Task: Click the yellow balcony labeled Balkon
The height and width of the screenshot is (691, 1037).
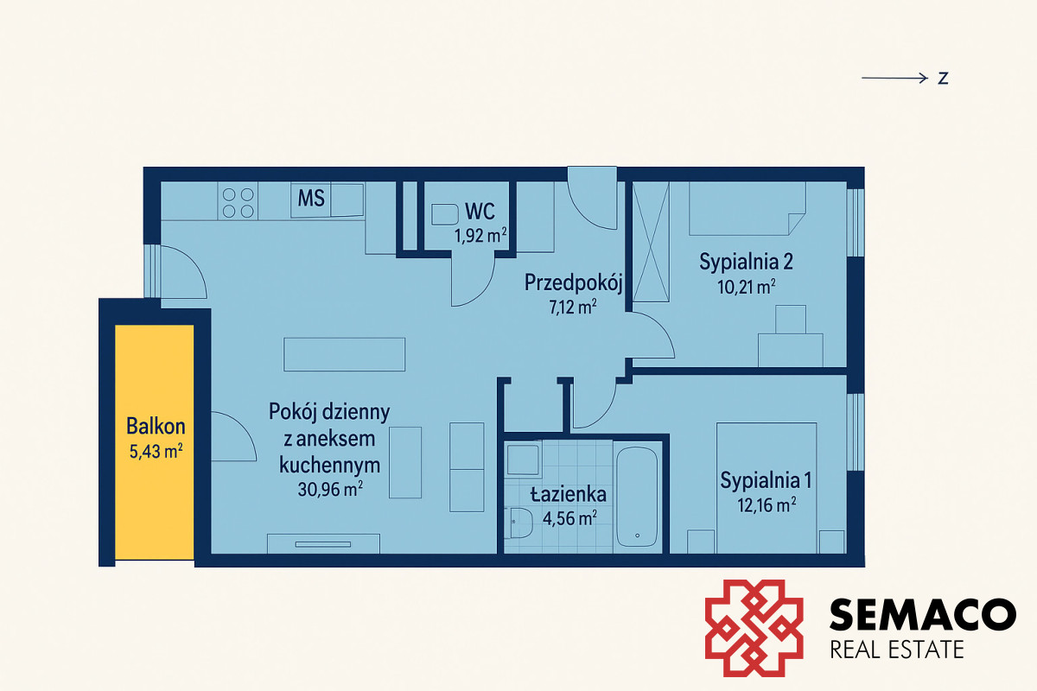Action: (154, 442)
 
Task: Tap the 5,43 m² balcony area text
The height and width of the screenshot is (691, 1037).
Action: (156, 451)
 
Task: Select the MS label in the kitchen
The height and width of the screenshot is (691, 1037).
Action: (311, 198)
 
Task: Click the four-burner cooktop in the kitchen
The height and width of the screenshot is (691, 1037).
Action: (238, 203)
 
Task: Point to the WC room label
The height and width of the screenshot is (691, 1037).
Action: (480, 212)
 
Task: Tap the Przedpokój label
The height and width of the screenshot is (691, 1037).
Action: (573, 282)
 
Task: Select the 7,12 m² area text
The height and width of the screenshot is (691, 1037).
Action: (573, 307)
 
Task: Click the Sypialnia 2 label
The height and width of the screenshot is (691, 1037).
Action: (746, 262)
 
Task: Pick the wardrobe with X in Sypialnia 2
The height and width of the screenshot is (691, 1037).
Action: (651, 242)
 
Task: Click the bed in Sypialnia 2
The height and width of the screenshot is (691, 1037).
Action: (748, 208)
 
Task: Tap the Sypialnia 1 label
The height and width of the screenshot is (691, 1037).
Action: (766, 480)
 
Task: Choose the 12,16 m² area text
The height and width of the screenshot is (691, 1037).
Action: (767, 504)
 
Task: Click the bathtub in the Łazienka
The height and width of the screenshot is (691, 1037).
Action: (637, 497)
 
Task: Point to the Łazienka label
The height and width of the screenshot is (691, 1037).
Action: (568, 494)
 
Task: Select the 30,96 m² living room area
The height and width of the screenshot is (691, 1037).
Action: (330, 489)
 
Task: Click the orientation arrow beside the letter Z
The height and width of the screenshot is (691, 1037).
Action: (894, 79)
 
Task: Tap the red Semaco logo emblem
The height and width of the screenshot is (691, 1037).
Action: (754, 628)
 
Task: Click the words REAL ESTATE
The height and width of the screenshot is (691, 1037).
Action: (897, 650)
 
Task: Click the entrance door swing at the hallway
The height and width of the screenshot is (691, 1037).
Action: (592, 198)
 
